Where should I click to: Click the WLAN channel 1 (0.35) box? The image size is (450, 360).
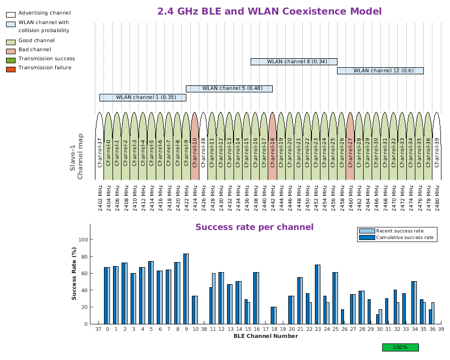[x=143, y=97]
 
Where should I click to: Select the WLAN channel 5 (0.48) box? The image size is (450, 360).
[x=229, y=88]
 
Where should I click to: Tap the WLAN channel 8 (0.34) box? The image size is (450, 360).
[x=294, y=62]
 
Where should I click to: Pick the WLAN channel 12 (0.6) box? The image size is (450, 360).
[x=380, y=71]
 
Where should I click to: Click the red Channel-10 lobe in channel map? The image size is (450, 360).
[x=195, y=146]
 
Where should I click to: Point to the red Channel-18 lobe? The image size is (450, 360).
[x=273, y=146]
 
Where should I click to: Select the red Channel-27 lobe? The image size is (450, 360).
[x=351, y=146]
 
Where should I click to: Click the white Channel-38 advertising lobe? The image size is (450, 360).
[x=203, y=146]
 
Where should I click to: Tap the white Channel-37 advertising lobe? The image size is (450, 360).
[x=99, y=146]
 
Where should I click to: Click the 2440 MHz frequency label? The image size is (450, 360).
[x=264, y=197]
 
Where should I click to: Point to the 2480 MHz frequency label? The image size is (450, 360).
[x=437, y=197]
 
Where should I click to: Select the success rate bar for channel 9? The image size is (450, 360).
[x=186, y=289]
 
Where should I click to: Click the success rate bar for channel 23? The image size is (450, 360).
[x=317, y=294]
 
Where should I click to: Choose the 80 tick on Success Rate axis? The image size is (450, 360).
[x=85, y=257]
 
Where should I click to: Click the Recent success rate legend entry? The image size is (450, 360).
[x=396, y=231]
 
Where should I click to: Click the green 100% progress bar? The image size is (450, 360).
[x=400, y=347]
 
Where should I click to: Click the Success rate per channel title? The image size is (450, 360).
[x=254, y=227]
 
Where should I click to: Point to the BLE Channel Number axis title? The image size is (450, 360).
[x=265, y=336]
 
